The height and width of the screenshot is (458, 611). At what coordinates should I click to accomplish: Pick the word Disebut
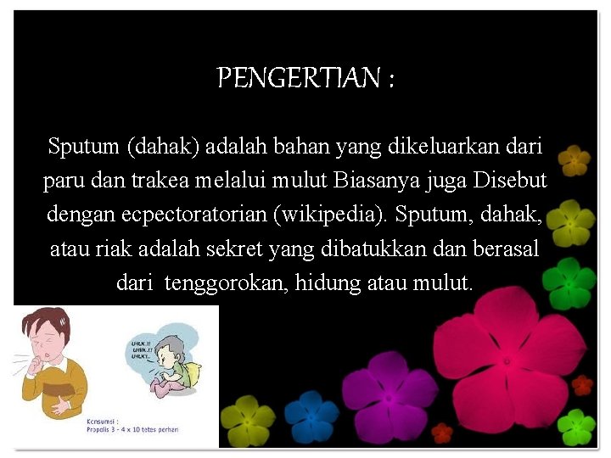(x=510, y=181)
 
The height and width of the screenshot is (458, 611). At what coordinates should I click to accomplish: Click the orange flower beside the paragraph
(x=575, y=159)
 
